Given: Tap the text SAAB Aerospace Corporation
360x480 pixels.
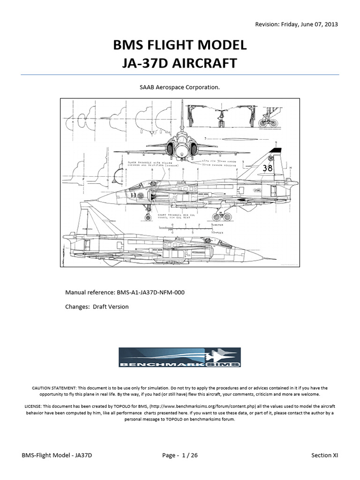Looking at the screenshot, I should pos(180,87).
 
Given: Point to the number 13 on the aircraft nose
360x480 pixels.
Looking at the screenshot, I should pos(120,195).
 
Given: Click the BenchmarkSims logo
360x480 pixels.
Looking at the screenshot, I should pos(180,358).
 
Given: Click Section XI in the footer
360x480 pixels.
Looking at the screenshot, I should pos(324,455).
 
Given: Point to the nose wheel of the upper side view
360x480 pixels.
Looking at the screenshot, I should pos(149,217).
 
